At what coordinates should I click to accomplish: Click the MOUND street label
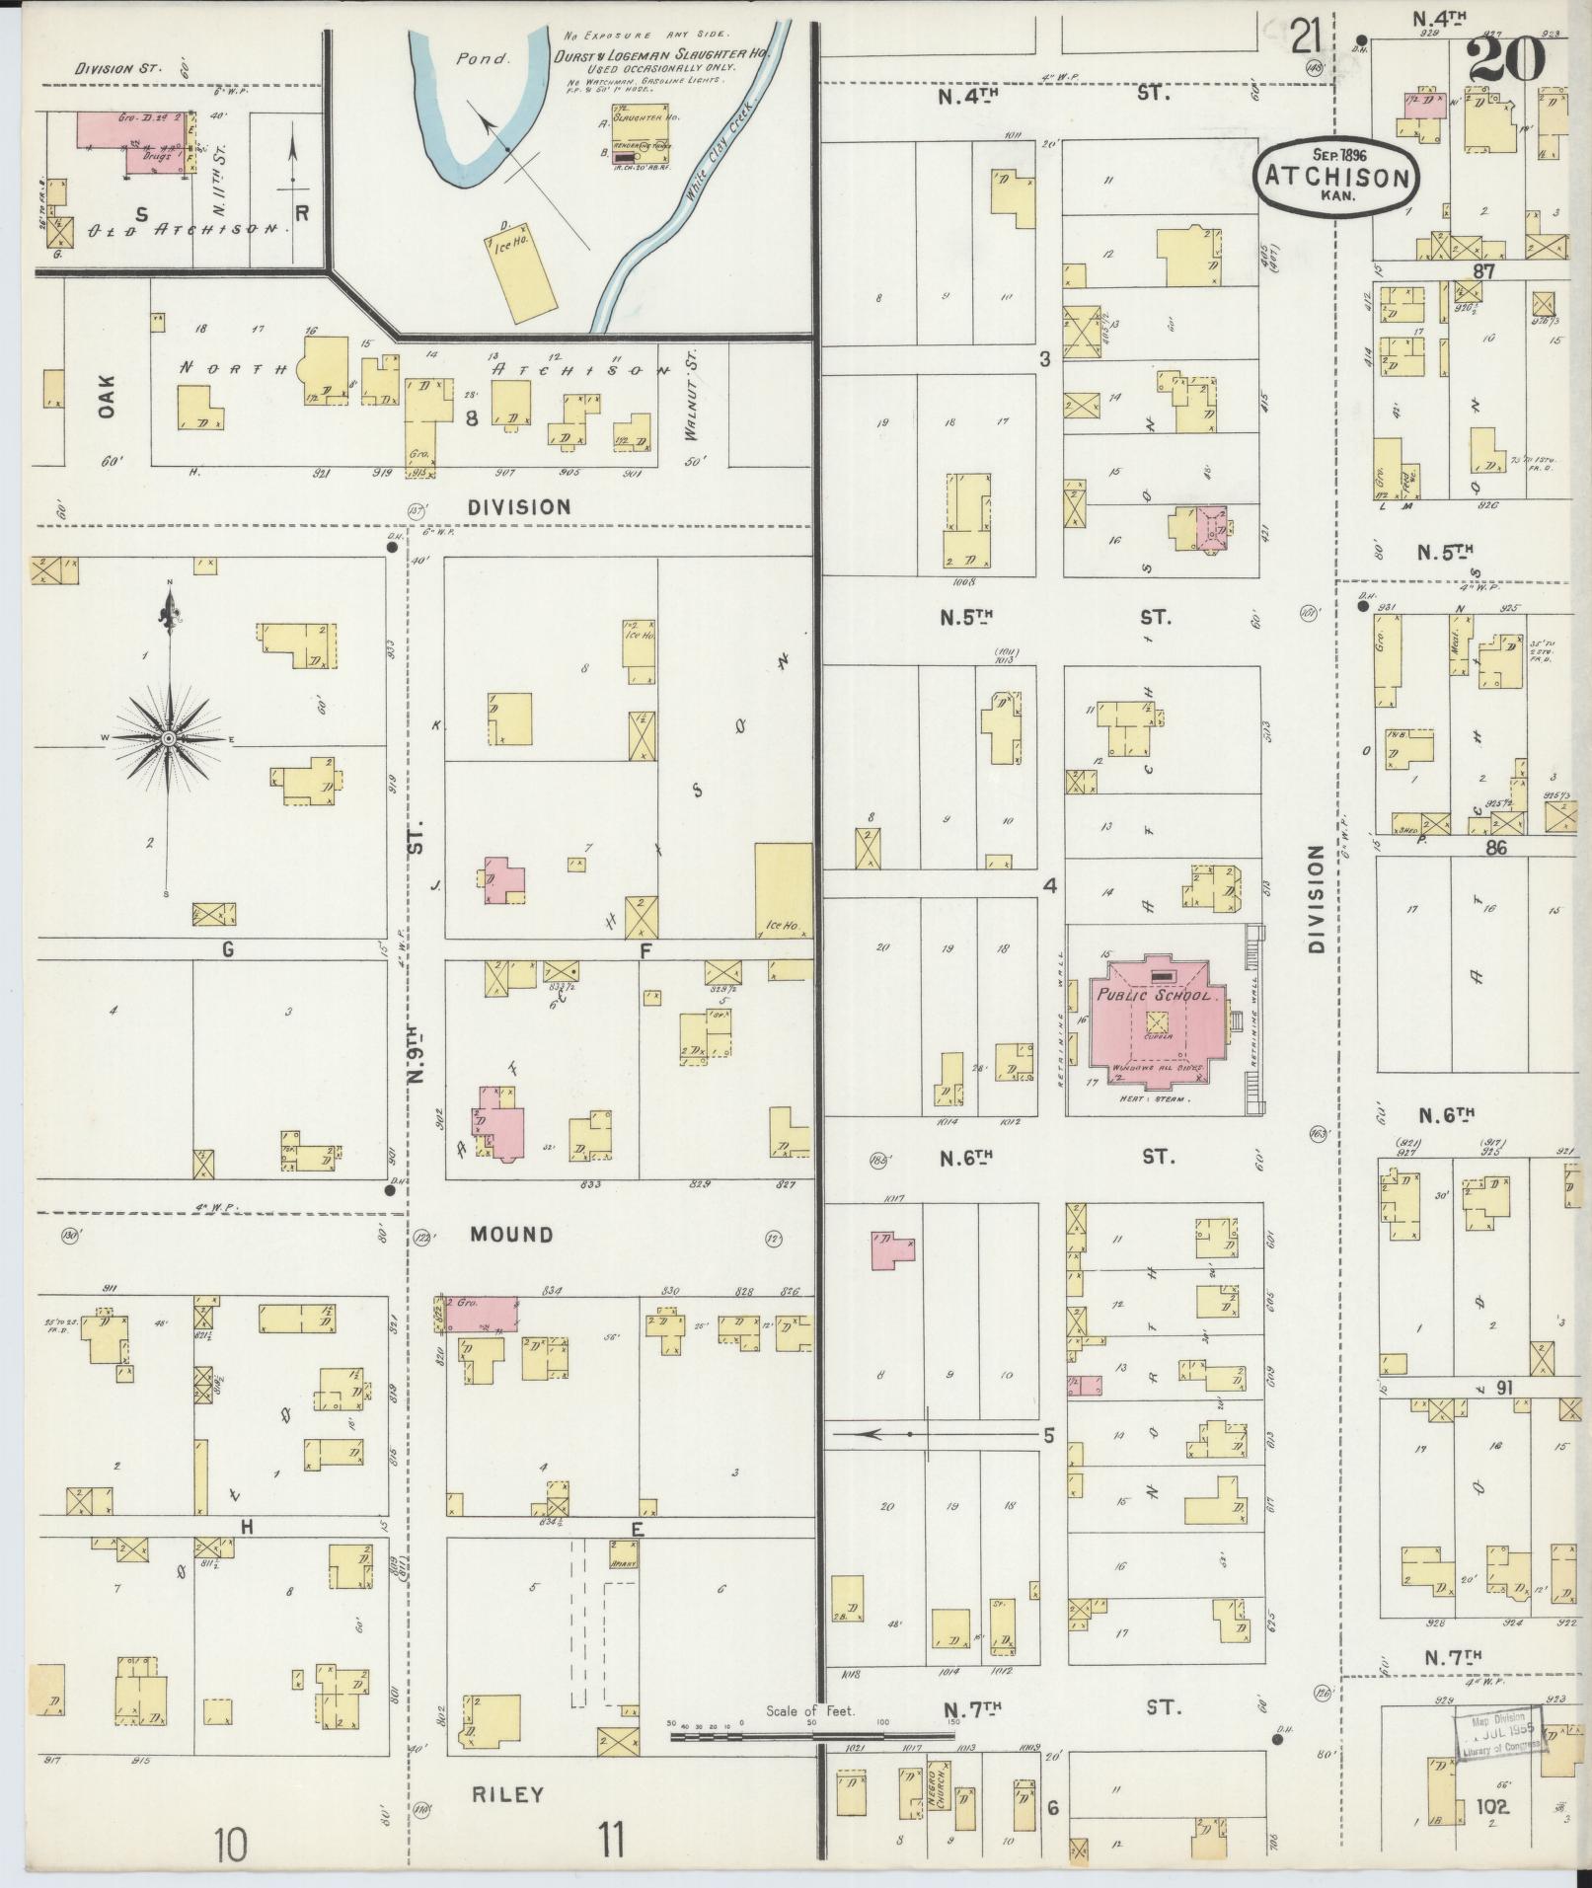coord(511,1235)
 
